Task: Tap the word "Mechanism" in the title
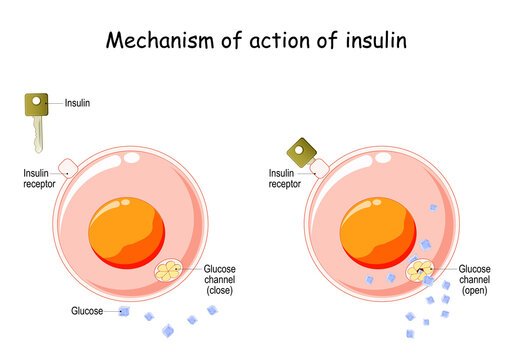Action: (x=154, y=43)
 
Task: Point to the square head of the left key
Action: (x=38, y=102)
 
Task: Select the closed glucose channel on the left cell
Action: (x=171, y=270)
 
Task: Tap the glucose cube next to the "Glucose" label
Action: (x=124, y=312)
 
